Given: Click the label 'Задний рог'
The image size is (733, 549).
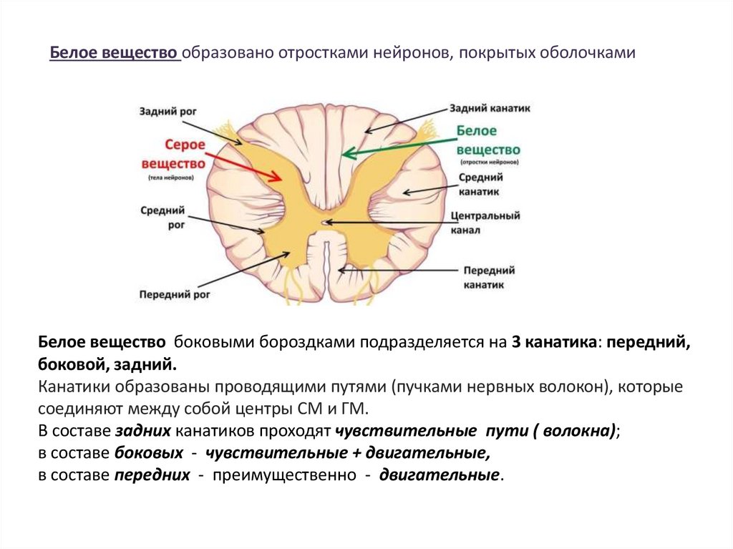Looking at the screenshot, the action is (x=168, y=112).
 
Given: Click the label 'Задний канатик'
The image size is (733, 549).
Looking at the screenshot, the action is (x=490, y=109).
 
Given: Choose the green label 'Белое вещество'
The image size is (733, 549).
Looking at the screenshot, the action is (x=487, y=140).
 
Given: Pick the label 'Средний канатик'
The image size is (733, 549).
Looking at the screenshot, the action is (x=481, y=184).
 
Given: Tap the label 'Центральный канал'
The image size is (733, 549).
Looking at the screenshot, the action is (x=485, y=223).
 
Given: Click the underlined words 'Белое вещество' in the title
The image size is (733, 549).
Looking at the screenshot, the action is (x=114, y=54).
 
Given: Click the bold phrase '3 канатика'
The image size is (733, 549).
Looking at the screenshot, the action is (x=555, y=342).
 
